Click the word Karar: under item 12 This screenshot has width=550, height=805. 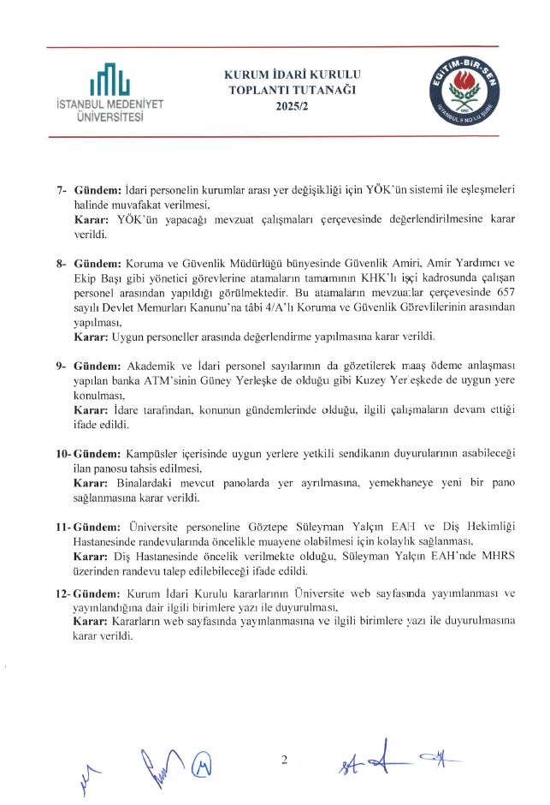[x=91, y=622]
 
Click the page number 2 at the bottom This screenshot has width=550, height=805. [x=285, y=759]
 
